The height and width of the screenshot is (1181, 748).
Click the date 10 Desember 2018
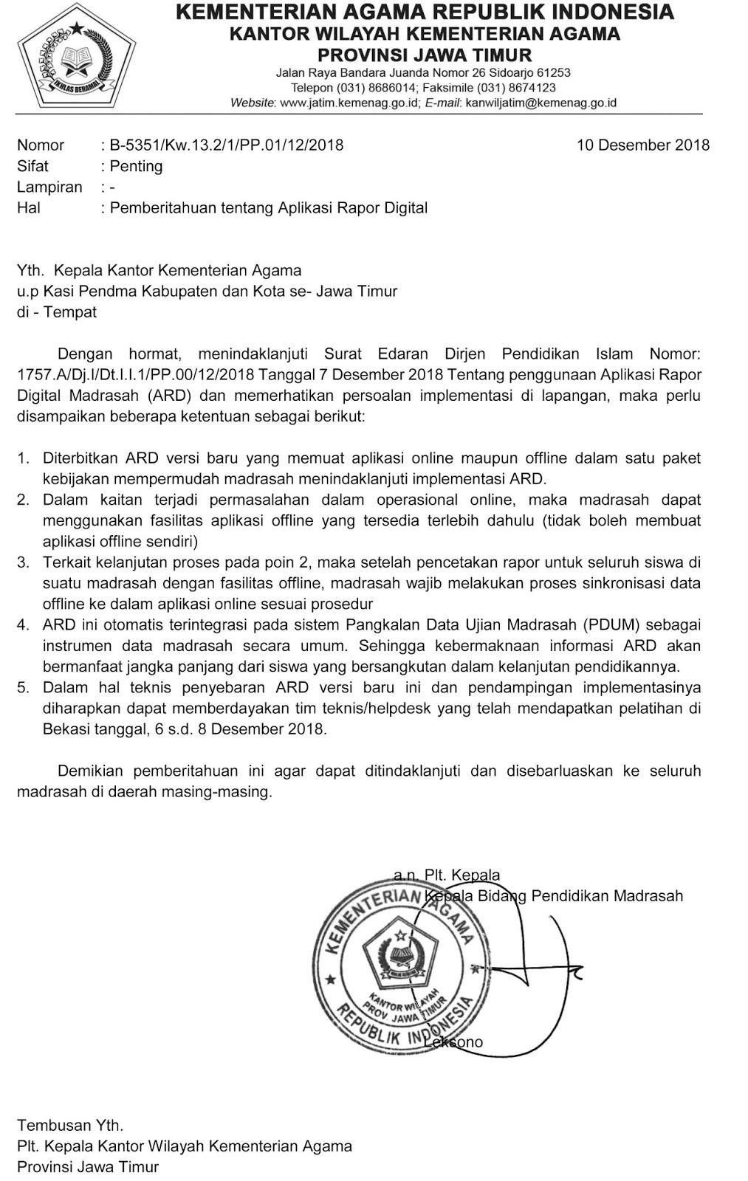[642, 145]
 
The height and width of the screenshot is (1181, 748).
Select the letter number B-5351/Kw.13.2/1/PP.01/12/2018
[226, 145]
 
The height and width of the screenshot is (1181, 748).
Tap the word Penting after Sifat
[136, 166]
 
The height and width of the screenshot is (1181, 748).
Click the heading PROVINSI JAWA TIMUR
[425, 55]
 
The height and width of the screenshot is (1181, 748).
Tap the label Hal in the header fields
[29, 208]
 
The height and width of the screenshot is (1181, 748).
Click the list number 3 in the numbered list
[24, 562]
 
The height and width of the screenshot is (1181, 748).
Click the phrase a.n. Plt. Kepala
[447, 875]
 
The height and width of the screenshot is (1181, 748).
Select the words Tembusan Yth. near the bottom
[70, 1126]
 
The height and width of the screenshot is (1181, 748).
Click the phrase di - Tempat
[57, 312]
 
